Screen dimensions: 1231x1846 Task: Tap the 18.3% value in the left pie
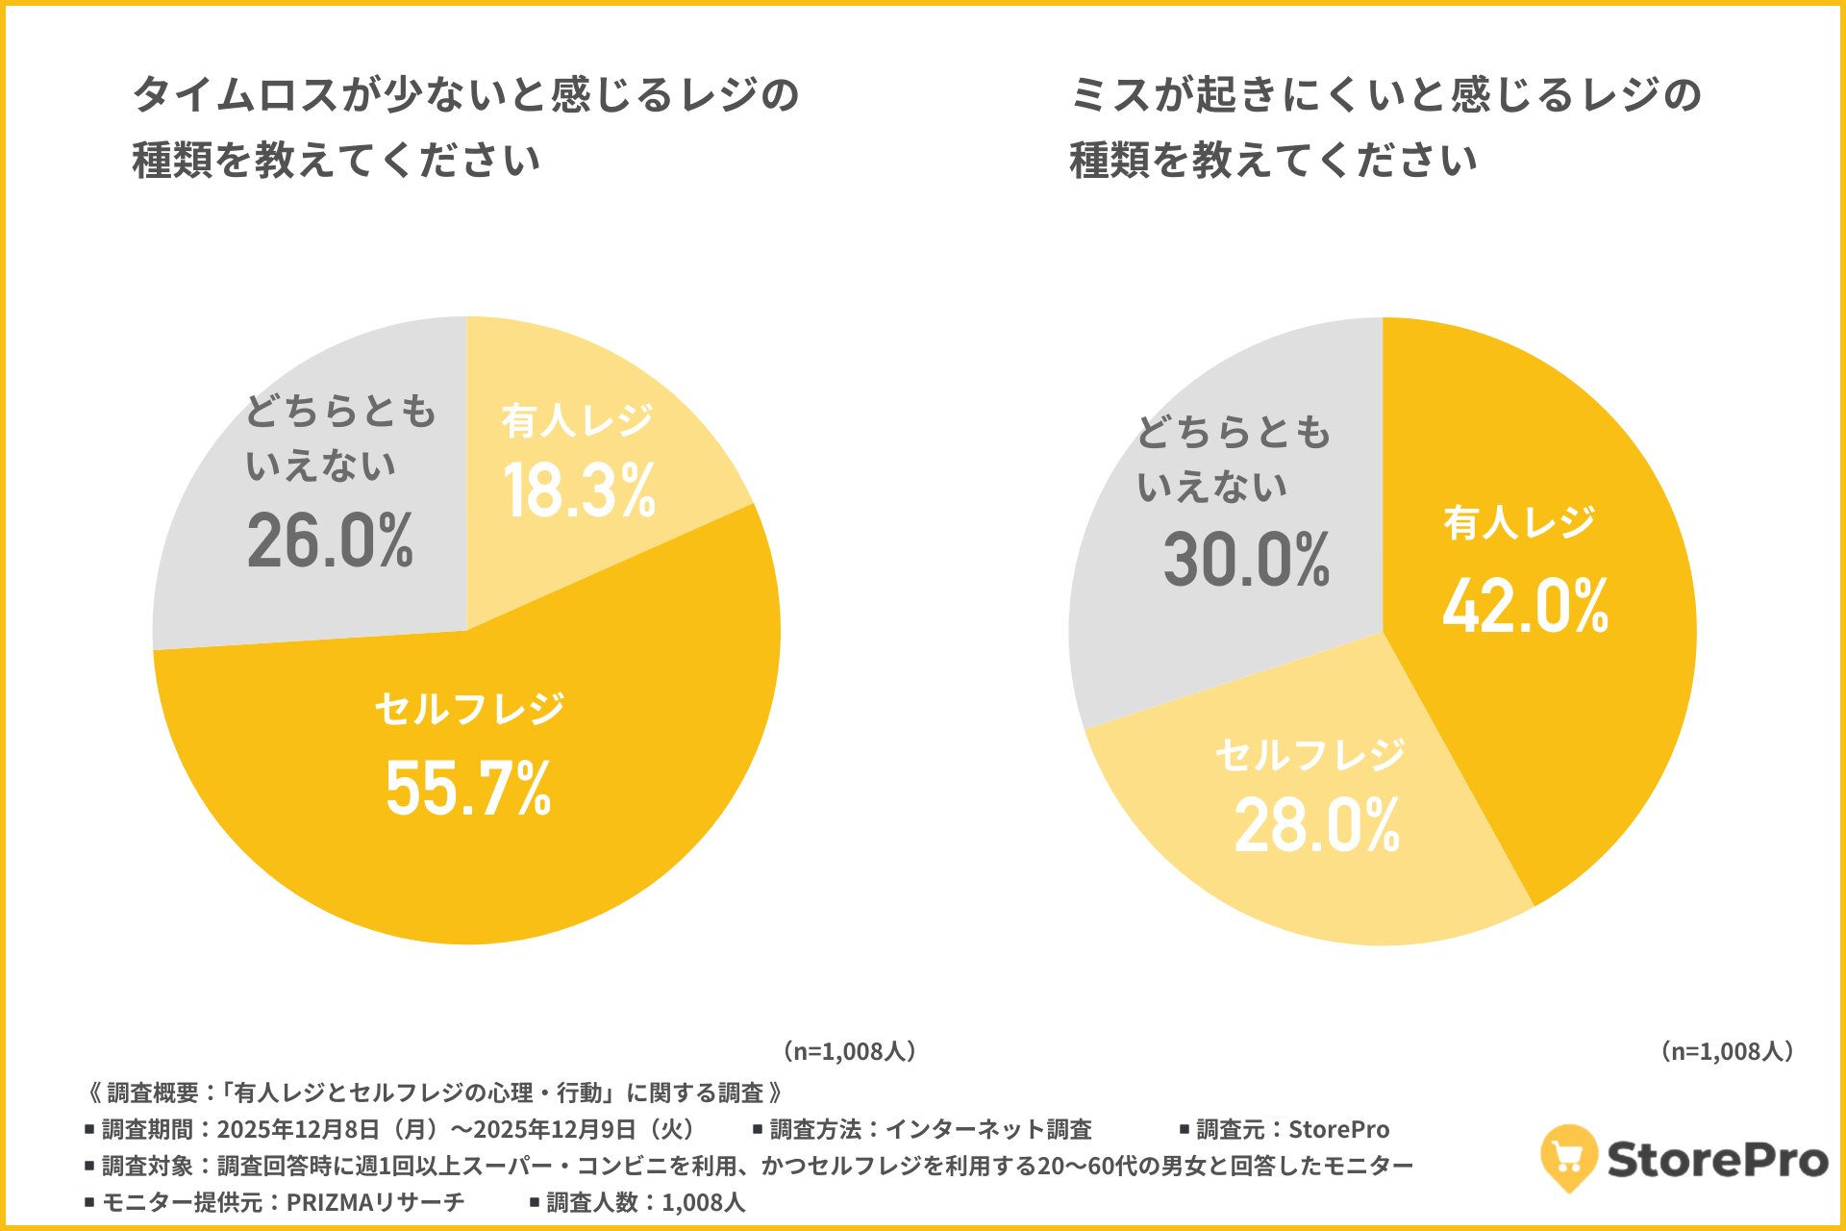(x=579, y=490)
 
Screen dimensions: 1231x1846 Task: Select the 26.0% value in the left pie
(x=330, y=540)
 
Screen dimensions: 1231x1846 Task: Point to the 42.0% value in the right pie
(x=1525, y=606)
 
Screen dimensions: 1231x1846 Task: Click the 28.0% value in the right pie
(x=1316, y=825)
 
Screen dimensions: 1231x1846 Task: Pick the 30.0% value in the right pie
(x=1246, y=560)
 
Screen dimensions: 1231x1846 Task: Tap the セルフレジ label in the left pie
(x=469, y=709)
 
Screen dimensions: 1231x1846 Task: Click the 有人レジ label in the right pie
(x=1519, y=523)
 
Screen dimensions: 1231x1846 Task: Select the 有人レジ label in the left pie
(x=577, y=420)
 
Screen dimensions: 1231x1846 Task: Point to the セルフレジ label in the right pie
(x=1310, y=755)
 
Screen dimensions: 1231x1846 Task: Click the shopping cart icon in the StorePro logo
(x=1568, y=1157)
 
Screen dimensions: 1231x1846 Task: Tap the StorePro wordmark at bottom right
(x=1717, y=1160)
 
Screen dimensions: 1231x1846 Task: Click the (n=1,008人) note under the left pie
(x=850, y=1050)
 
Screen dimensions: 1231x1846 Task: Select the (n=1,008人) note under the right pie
(x=1728, y=1050)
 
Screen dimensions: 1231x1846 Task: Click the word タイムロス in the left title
(x=235, y=95)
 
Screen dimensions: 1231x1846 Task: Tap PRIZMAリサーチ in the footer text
(x=375, y=1202)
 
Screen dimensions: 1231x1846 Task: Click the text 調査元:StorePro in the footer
(x=1292, y=1129)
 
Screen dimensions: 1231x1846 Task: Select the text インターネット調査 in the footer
(x=987, y=1129)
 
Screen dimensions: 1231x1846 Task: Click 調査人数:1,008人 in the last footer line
(x=645, y=1202)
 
